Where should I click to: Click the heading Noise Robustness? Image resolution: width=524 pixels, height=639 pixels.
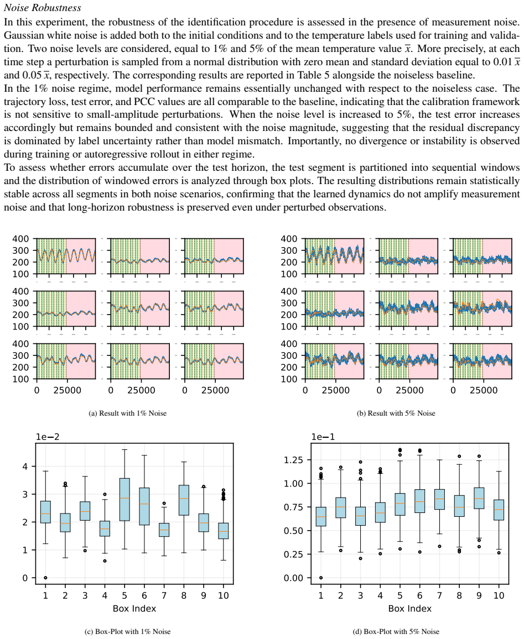tap(43, 8)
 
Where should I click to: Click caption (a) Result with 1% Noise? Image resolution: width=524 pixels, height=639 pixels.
tap(128, 413)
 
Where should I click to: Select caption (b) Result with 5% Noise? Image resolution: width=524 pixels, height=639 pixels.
tap(396, 413)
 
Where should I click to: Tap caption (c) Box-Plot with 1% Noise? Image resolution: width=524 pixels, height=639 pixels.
tap(128, 632)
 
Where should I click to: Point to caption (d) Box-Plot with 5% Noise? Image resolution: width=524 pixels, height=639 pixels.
tap(396, 632)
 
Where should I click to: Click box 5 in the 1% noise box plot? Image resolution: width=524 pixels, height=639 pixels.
tap(124, 500)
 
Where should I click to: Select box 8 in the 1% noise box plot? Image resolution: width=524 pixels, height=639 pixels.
tap(184, 500)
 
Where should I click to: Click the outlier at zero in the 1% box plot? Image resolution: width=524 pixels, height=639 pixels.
tap(45, 578)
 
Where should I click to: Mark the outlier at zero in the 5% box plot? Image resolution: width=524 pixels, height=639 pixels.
tap(321, 578)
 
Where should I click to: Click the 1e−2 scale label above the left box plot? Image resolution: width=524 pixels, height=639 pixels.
tap(48, 437)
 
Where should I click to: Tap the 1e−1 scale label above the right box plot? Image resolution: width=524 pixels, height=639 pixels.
tap(323, 437)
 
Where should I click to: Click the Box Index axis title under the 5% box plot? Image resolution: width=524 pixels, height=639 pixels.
tap(410, 609)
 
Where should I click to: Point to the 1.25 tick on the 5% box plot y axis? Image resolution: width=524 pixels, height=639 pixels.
tap(294, 460)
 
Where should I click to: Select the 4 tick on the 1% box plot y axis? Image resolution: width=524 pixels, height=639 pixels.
tap(25, 466)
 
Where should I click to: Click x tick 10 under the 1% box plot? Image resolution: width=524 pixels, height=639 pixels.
tap(224, 595)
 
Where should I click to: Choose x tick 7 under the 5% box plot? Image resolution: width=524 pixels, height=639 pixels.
tap(439, 595)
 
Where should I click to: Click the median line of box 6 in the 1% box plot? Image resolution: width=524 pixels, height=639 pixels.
tap(144, 504)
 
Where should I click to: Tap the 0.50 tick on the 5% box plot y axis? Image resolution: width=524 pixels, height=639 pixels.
tap(294, 531)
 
